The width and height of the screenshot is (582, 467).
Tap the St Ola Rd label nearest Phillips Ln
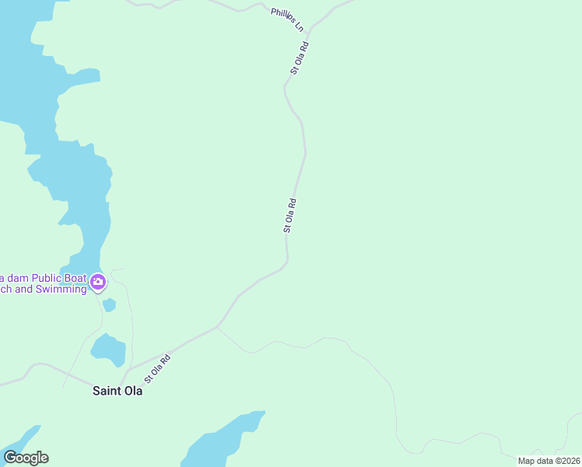click(x=300, y=58)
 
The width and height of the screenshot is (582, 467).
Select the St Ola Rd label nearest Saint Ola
click(x=156, y=367)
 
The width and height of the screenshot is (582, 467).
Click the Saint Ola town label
click(x=117, y=391)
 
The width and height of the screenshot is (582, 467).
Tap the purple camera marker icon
click(x=98, y=282)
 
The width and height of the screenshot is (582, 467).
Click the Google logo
click(x=26, y=458)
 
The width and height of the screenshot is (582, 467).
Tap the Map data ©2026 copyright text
click(x=549, y=461)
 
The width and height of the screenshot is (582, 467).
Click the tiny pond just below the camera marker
click(x=109, y=304)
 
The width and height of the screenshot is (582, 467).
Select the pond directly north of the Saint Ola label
click(x=107, y=349)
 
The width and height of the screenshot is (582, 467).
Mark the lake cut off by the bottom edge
click(x=222, y=441)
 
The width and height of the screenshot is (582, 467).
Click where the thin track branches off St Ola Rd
click(x=217, y=328)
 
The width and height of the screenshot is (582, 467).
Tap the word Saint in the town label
click(x=106, y=391)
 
